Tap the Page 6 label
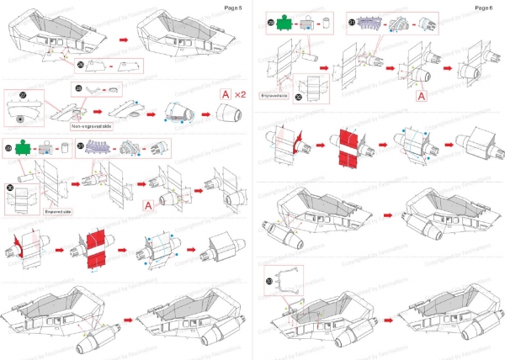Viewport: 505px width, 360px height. pos(482,7)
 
